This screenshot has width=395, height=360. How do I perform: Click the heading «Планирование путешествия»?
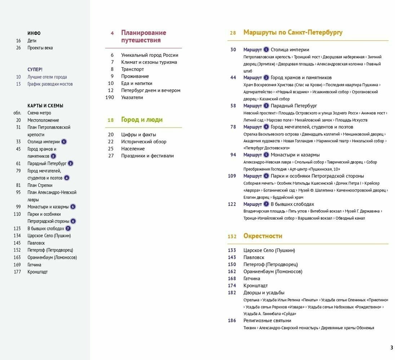[143, 36]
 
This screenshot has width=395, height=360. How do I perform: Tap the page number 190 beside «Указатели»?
[109, 98]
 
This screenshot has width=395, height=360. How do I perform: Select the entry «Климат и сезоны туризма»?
[149, 62]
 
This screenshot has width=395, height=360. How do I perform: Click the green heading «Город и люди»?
[142, 120]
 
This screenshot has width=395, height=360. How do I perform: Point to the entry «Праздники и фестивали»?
[147, 156]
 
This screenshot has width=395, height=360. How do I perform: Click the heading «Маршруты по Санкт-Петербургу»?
[293, 32]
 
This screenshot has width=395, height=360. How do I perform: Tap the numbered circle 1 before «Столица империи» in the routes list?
[266, 50]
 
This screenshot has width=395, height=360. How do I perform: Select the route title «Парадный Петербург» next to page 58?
[294, 106]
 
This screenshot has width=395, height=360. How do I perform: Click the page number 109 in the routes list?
[232, 176]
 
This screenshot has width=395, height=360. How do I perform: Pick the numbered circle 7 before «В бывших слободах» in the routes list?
[266, 204]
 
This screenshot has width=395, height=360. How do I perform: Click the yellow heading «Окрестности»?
[263, 236]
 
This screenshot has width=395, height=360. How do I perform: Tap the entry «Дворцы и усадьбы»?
[264, 293]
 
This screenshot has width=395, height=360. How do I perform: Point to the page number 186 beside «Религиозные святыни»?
[232, 321]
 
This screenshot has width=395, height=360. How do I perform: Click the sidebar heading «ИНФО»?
[34, 33]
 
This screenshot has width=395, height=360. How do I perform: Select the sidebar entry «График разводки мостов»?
[50, 84]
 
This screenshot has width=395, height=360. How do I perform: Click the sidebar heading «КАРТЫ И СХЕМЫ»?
[45, 106]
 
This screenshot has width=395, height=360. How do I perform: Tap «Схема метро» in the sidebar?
[39, 113]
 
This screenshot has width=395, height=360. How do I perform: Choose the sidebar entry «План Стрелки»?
[40, 185]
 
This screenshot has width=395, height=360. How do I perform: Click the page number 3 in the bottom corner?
[391, 348]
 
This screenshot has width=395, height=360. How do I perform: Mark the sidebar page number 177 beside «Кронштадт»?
[17, 272]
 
